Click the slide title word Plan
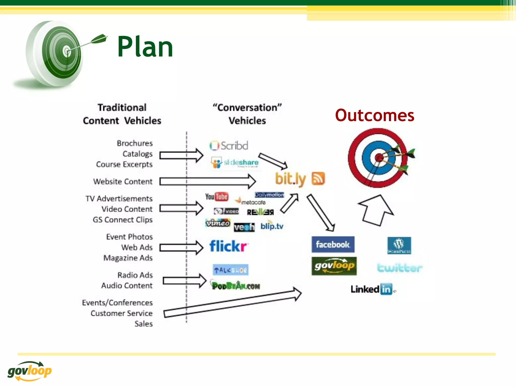point(145,47)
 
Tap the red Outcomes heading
point(374,115)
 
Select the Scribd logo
point(229,145)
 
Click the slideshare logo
point(235,163)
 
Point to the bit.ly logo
point(290,179)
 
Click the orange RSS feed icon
point(318,178)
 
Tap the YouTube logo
point(217,197)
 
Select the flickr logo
point(229,246)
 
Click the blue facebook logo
point(333,244)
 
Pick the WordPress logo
point(399,245)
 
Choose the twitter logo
point(400,268)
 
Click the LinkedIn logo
point(372,289)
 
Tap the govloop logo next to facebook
point(334,266)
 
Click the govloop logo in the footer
point(29,371)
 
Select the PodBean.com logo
point(236,285)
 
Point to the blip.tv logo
point(272,226)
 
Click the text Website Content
point(123,181)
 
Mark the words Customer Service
point(121,313)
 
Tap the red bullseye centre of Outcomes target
point(379,158)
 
